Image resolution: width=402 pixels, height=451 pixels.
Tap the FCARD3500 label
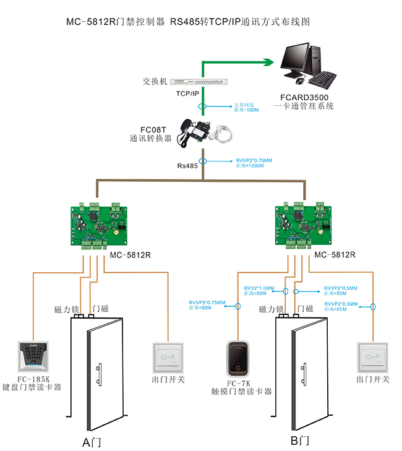pos(307,97)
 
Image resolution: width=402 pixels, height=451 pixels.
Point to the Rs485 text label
pos(187,166)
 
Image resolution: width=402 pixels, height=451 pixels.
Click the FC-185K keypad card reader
pos(31,358)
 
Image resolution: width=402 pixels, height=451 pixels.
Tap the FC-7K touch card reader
pos(238,359)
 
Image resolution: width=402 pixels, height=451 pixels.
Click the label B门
pos(300,441)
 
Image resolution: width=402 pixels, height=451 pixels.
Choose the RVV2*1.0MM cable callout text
pos(259,288)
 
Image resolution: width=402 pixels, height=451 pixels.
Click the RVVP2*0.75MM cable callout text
pos(254,161)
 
